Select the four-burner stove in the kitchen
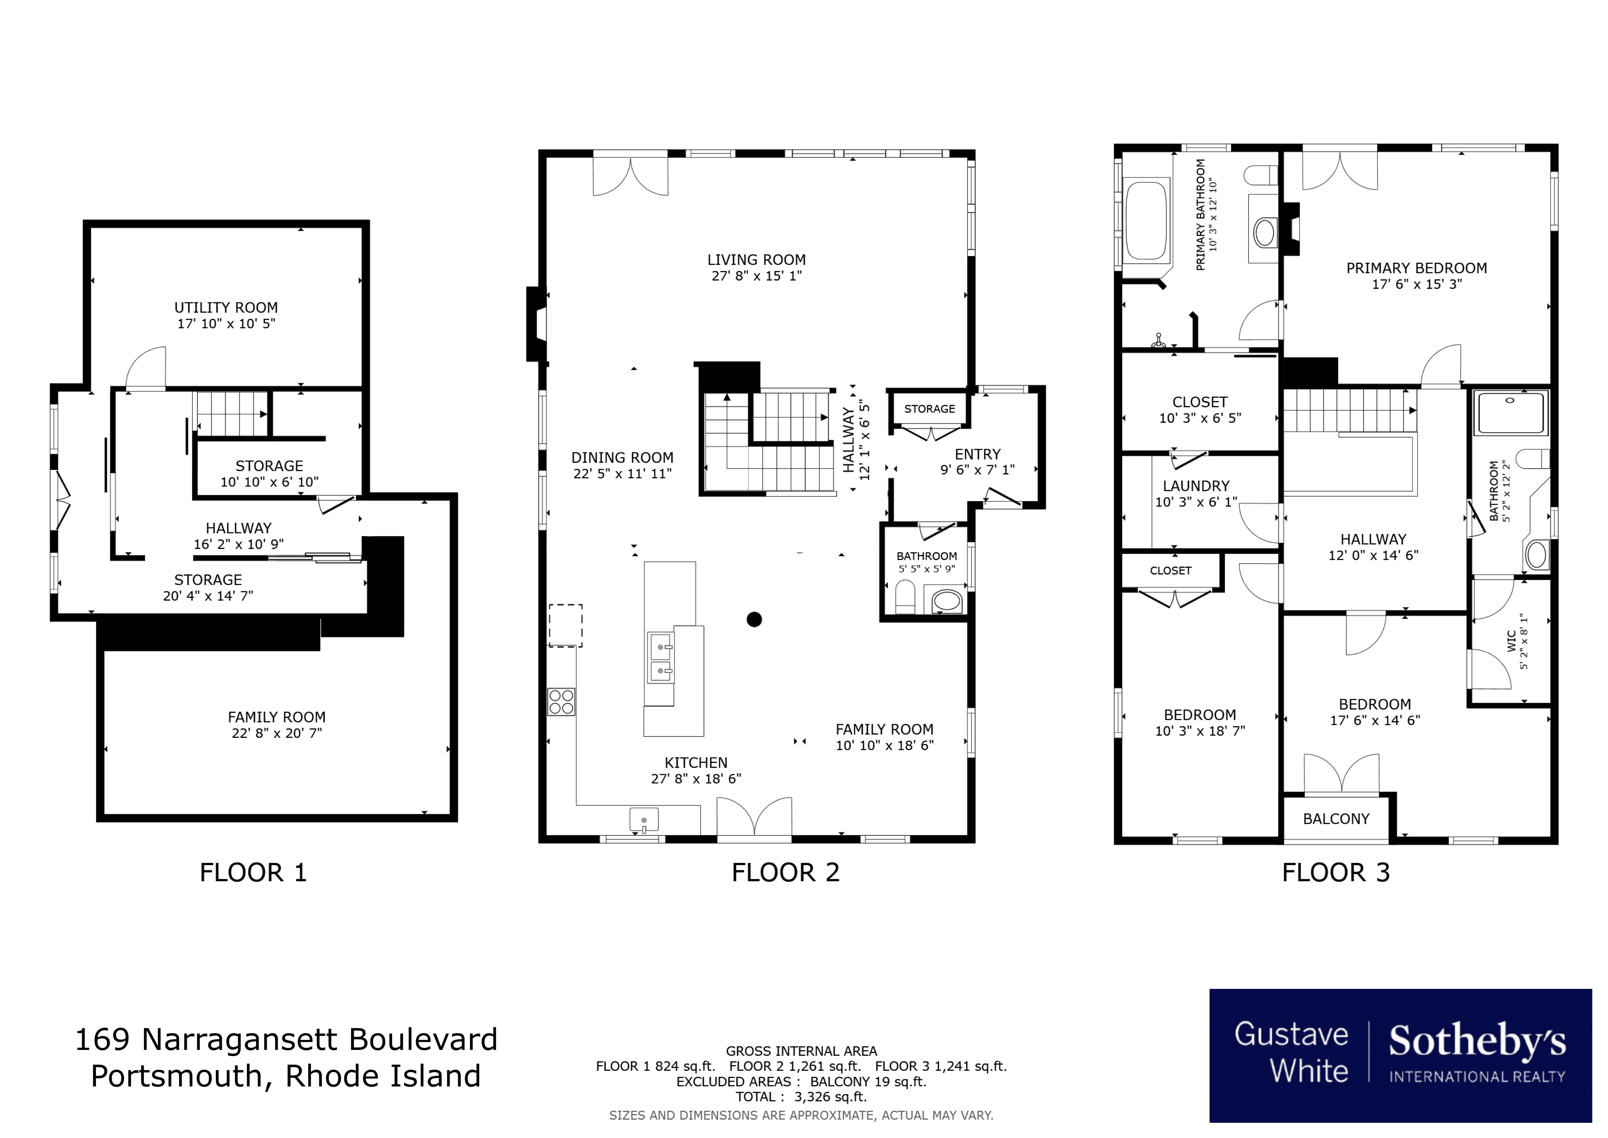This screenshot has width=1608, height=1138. point(561,701)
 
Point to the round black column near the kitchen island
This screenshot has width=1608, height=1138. point(753,619)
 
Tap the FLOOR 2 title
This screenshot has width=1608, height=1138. point(785,872)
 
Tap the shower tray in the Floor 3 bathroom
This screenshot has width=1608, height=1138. point(1510,413)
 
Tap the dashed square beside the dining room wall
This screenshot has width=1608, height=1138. point(565,625)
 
